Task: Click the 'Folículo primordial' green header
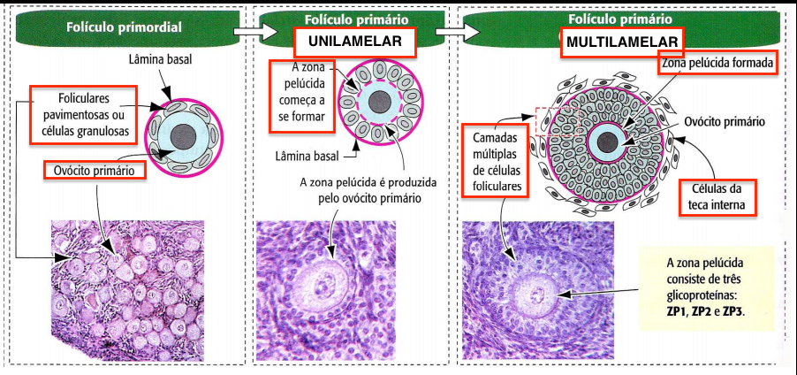124,27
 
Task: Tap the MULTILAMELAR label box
623,42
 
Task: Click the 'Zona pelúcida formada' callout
717,64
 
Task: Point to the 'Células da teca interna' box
719,197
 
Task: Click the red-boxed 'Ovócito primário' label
94,170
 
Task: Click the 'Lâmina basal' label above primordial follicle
162,59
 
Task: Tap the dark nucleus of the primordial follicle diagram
184,136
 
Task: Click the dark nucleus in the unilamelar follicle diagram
382,102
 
